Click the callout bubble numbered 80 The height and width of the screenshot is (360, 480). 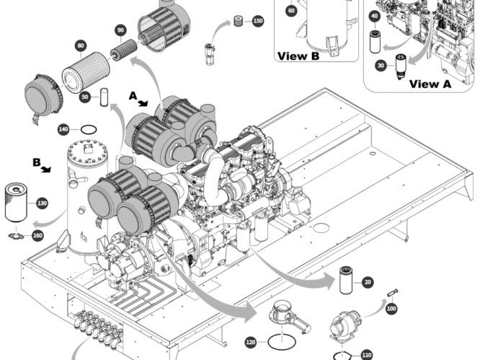(x=81, y=45)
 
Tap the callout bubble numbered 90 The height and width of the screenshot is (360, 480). (x=120, y=30)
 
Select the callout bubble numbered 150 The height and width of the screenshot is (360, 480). (x=258, y=21)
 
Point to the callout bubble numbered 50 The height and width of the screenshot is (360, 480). (x=85, y=97)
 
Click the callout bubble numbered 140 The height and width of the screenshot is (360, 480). (x=63, y=130)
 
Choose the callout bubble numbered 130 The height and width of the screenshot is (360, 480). (x=42, y=203)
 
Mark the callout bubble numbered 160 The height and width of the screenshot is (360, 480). (x=37, y=236)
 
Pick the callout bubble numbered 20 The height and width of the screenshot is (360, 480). (x=368, y=282)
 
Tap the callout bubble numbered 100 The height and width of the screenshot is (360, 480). (x=391, y=308)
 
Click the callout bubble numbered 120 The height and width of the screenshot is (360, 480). (x=251, y=342)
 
